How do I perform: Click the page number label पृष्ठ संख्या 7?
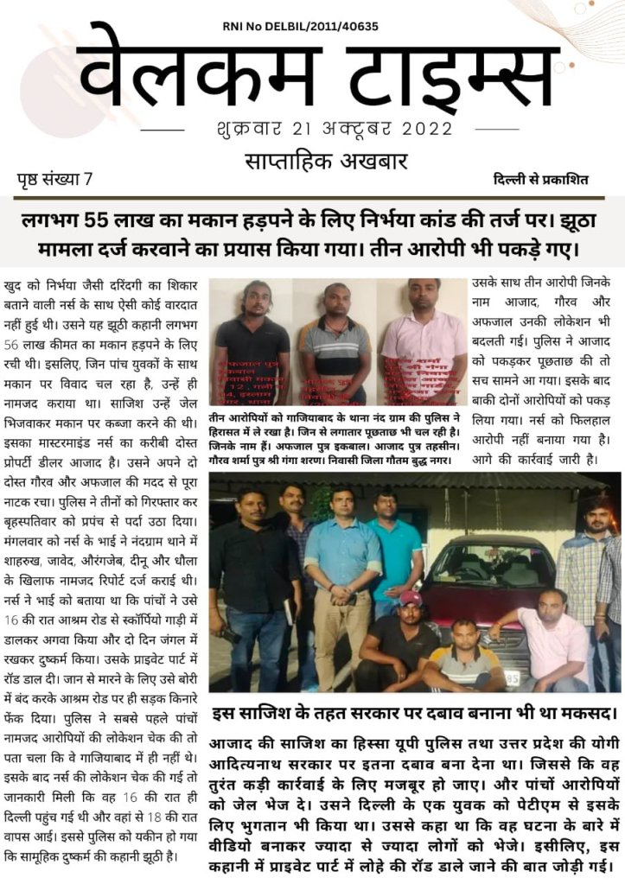click(x=54, y=181)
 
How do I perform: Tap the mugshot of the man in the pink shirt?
click(x=424, y=341)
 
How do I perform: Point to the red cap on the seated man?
click(x=411, y=598)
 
